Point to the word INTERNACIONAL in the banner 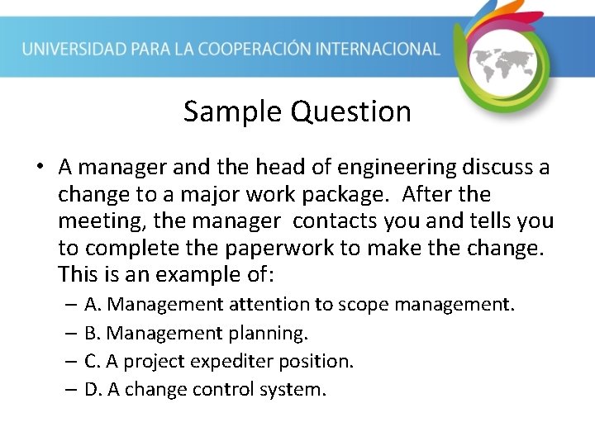coord(385,49)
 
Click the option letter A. coord(92,305)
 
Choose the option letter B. coord(92,333)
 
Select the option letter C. coord(92,361)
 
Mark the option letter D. coord(92,389)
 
